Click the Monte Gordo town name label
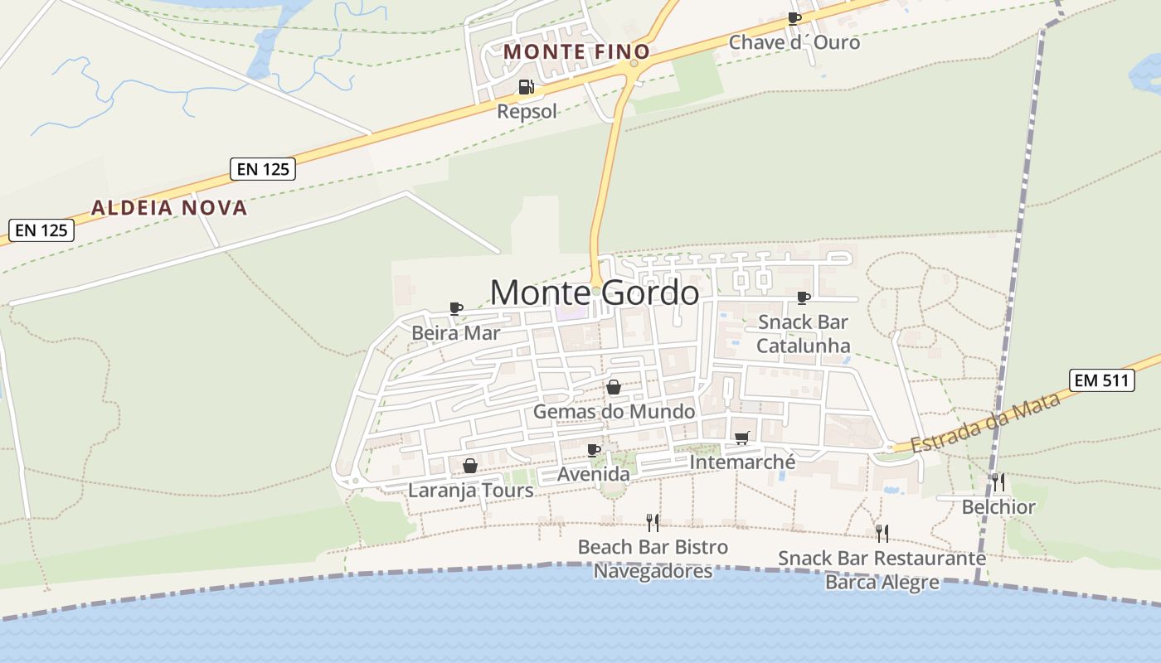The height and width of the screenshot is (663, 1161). tap(594, 293)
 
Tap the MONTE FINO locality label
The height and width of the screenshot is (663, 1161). tap(576, 51)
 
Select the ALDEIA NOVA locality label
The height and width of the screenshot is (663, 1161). tap(169, 208)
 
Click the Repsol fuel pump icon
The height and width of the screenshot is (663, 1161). tap(526, 87)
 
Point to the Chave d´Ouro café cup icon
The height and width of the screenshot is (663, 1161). tap(794, 18)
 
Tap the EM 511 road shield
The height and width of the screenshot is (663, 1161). tap(1101, 380)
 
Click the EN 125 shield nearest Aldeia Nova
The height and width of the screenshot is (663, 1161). tap(263, 169)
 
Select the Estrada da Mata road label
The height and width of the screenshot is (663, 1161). tap(986, 423)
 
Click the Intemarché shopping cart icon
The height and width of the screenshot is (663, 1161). tap(741, 438)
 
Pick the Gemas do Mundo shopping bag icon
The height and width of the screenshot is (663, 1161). tap(614, 387)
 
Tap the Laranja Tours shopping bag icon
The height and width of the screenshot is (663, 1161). tap(469, 466)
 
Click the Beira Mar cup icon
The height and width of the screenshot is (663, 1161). tap(455, 308)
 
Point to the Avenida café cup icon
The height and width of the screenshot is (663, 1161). tap(593, 450)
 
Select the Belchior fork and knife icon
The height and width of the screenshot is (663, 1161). tap(998, 482)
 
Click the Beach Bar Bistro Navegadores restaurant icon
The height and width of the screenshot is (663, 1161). tap(653, 522)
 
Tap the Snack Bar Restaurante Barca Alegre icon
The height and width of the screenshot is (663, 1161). tap(882, 533)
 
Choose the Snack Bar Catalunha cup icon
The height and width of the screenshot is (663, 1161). tap(803, 298)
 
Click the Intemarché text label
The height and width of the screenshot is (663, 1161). tap(742, 462)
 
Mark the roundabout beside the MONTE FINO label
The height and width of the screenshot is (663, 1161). tap(634, 63)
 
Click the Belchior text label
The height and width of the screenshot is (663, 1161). tap(998, 507)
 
